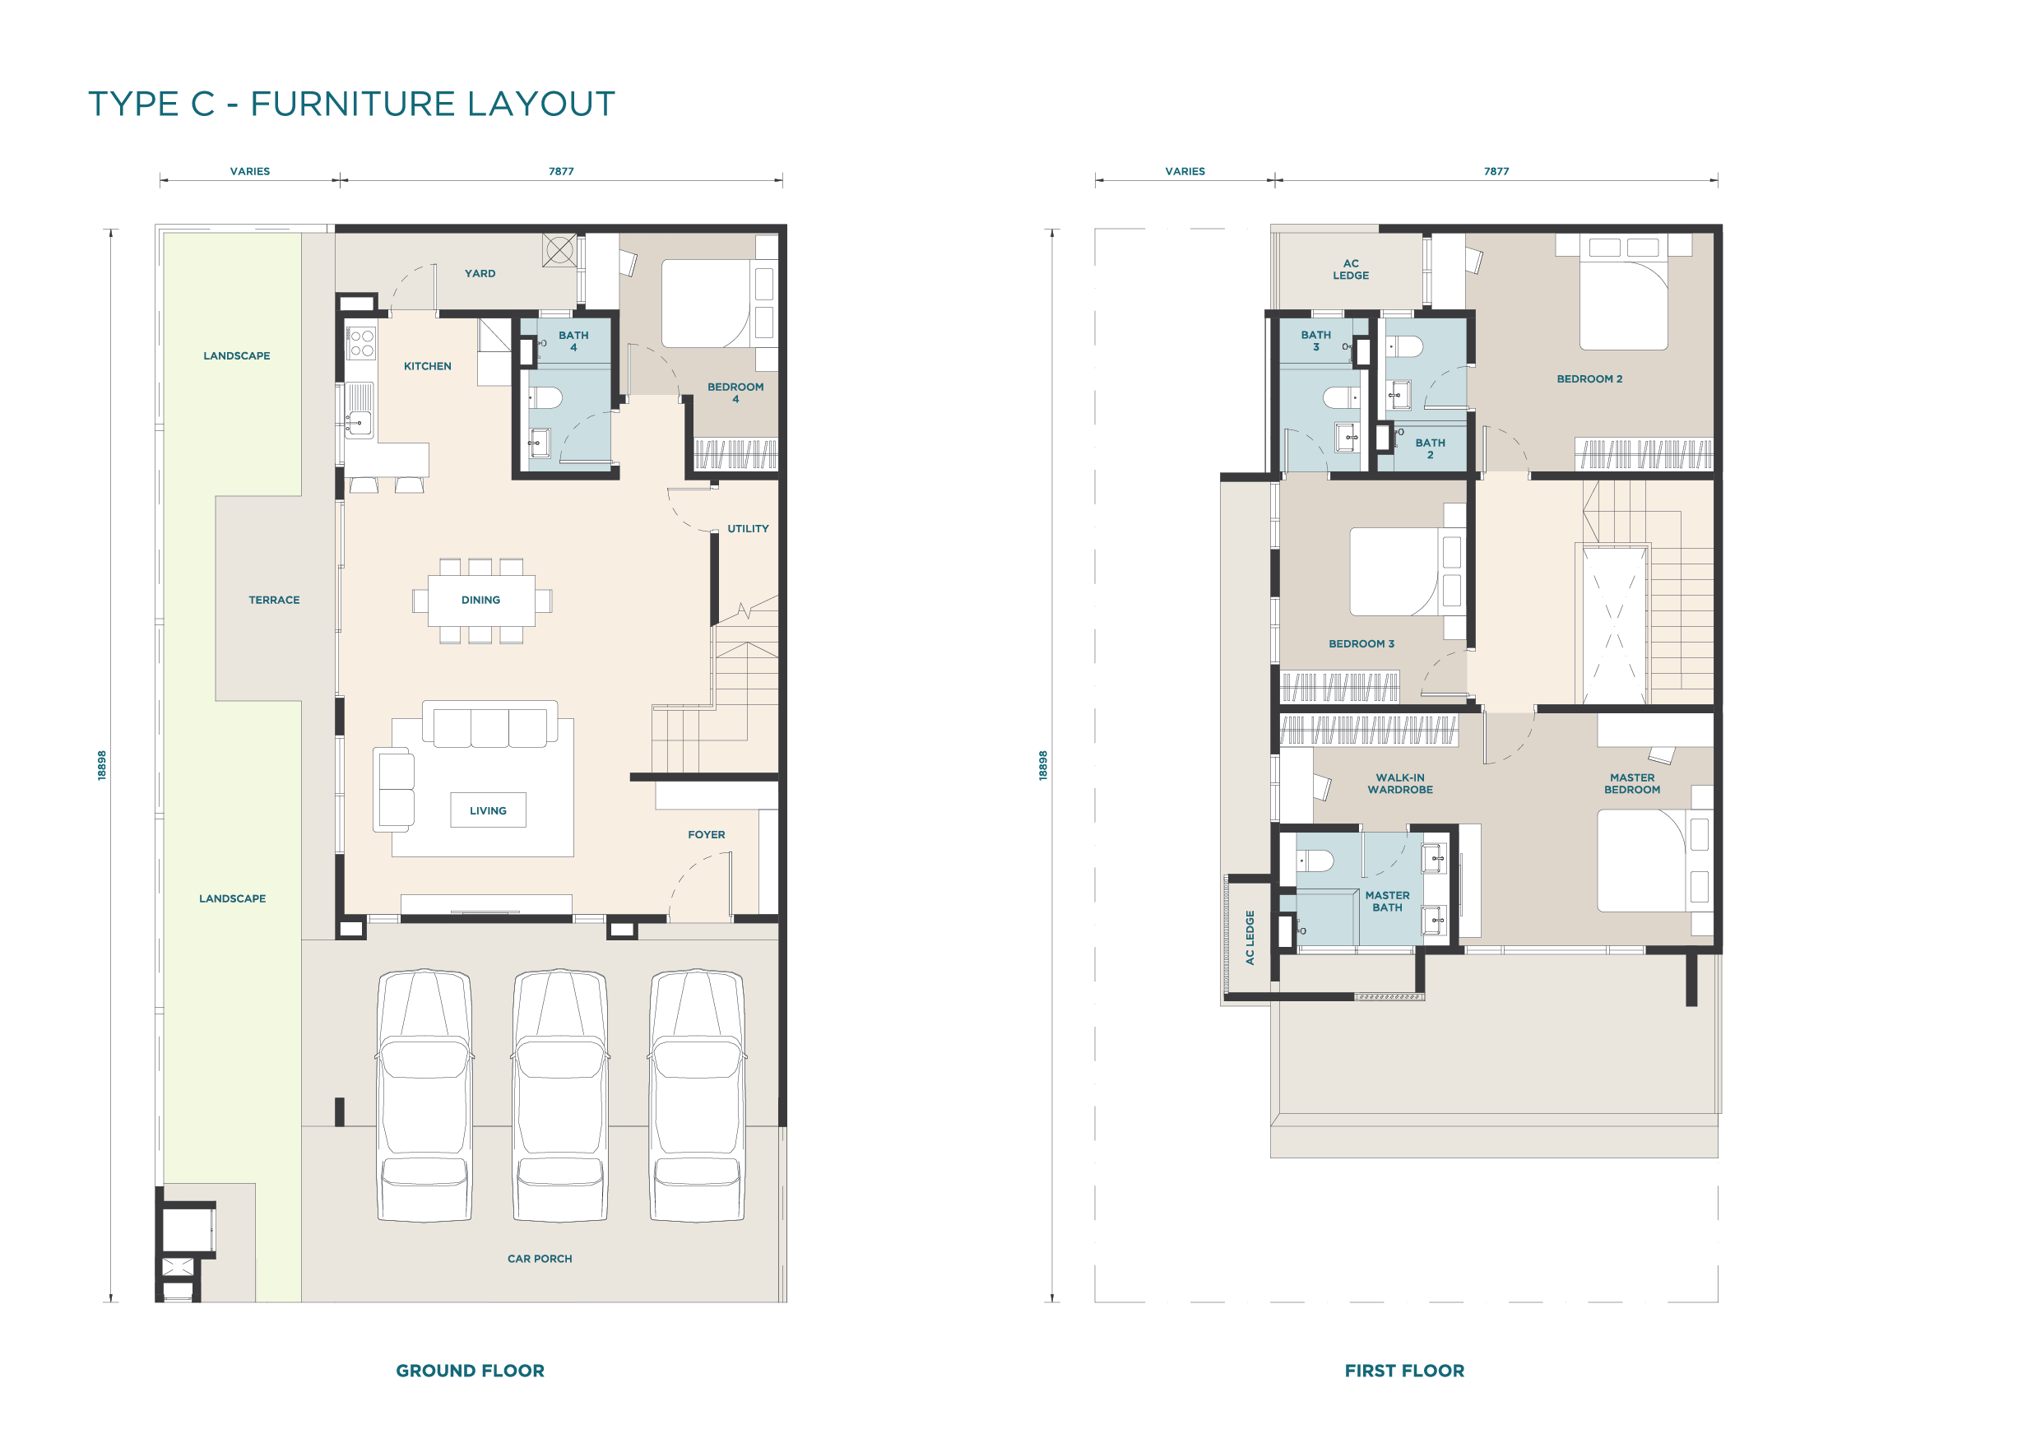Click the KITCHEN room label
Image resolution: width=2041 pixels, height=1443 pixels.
[x=428, y=366]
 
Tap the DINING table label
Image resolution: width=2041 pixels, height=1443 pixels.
[x=481, y=600]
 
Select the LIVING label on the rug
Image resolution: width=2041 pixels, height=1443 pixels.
[x=488, y=811]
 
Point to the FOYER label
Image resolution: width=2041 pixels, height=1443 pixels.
[x=707, y=835]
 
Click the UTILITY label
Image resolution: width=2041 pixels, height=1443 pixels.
[x=749, y=529]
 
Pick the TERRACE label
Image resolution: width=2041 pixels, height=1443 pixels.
[x=275, y=600]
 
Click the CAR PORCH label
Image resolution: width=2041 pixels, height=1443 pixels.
[x=540, y=1259]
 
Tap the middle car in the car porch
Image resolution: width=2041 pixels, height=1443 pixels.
[x=561, y=1095]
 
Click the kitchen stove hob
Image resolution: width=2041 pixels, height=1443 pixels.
[x=362, y=343]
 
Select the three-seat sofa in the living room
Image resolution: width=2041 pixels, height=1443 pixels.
[x=489, y=724]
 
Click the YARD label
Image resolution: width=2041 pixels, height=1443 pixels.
[x=480, y=274]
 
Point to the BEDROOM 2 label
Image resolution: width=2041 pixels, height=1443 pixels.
[x=1589, y=378]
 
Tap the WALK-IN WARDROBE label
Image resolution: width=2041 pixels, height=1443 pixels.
[x=1400, y=783]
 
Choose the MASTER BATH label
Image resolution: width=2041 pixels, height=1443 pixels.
[x=1388, y=902]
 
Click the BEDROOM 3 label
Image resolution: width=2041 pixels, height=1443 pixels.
[x=1361, y=643]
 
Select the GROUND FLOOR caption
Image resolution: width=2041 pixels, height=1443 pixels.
[x=471, y=1371]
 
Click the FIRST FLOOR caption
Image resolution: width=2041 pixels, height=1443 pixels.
[x=1404, y=1371]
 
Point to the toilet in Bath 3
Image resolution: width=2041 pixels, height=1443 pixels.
[x=1341, y=397]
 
